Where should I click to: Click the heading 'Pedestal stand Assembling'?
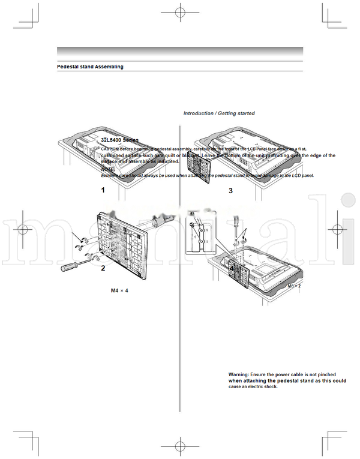click(x=90, y=67)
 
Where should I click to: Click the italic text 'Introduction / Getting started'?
click(x=218, y=113)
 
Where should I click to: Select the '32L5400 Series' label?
click(x=119, y=140)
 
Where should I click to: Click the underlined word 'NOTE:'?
click(x=108, y=169)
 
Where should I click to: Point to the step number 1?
click(x=103, y=190)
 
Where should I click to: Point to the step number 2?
click(x=103, y=268)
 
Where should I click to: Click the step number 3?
click(x=230, y=191)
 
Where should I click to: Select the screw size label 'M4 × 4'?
click(x=119, y=290)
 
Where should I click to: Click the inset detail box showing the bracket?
click(x=200, y=234)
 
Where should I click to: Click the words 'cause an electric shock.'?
click(x=253, y=387)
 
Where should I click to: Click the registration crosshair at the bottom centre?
click(x=179, y=446)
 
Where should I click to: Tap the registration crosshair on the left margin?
click(x=22, y=229)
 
